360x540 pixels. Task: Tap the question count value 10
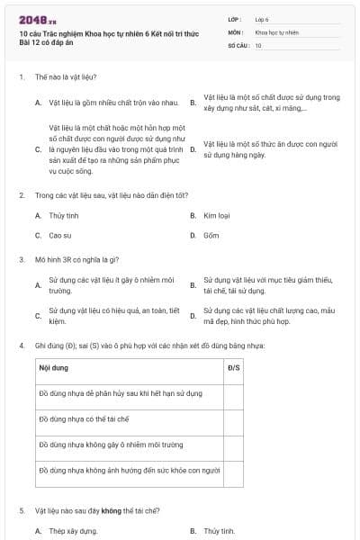pyautogui.click(x=258, y=45)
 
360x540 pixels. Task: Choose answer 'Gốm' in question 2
pyautogui.click(x=211, y=235)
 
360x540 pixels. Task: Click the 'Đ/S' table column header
pyautogui.click(x=233, y=367)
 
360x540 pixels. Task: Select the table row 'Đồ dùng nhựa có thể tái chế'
pyautogui.click(x=85, y=419)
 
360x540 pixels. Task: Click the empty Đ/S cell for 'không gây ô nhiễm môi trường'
pyautogui.click(x=233, y=445)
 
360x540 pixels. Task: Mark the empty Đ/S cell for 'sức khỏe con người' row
pyautogui.click(x=233, y=471)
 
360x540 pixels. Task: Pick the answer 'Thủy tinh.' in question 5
pyautogui.click(x=219, y=531)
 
